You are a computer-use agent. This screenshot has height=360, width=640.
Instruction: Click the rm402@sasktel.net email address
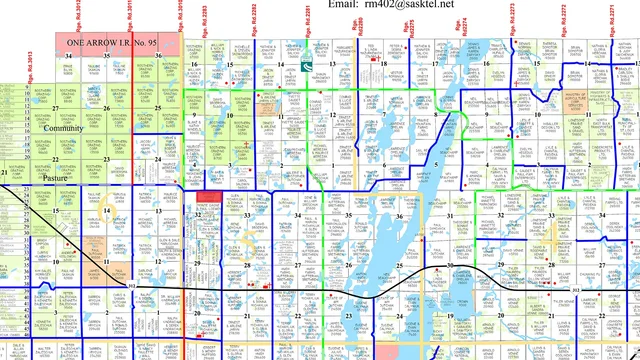click(409, 5)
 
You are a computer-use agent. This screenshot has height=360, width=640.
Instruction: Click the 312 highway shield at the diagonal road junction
click(133, 286)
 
